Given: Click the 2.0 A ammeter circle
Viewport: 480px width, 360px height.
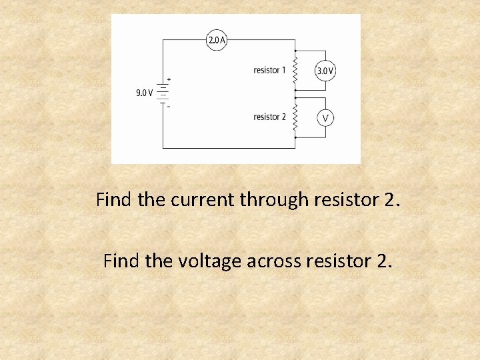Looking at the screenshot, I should pos(217,40).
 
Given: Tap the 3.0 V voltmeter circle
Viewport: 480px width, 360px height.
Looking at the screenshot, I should pos(325,70).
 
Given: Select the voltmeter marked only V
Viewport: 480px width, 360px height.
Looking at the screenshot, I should pos(325,118).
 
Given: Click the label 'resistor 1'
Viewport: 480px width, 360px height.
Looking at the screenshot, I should pos(269,70).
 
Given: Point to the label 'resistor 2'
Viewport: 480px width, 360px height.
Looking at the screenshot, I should pos(269,117).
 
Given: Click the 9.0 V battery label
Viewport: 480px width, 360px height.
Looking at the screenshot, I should pos(145,93).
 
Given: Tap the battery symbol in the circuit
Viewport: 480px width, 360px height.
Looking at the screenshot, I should pos(163,93).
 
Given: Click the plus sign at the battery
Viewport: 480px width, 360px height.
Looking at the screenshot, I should pos(169,79).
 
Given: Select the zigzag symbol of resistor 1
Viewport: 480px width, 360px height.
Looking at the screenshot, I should pos(294,69).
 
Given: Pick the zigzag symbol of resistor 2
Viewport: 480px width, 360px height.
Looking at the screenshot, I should pos(294,118).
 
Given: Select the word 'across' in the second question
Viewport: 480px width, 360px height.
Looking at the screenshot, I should pos(275,261).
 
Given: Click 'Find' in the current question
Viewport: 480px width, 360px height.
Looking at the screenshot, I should pos(114,199).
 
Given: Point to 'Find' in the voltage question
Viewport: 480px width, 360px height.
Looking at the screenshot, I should pos(122,261).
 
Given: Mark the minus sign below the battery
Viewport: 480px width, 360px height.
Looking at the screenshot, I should pos(169,107).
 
